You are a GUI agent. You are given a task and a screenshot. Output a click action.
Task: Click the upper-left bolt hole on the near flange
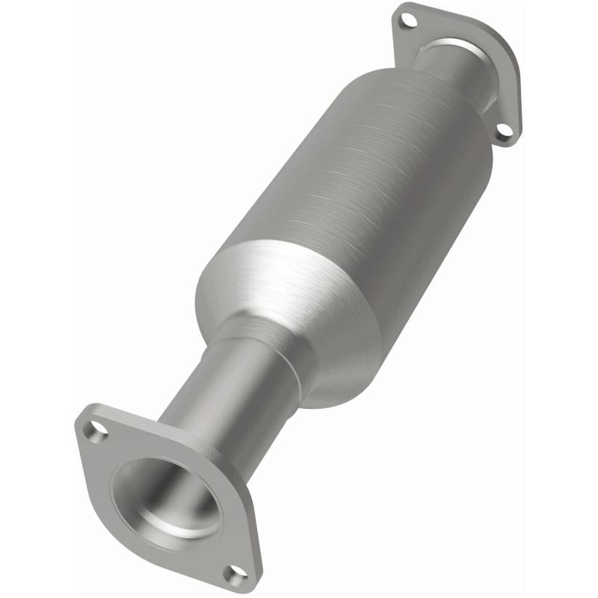click(x=96, y=431)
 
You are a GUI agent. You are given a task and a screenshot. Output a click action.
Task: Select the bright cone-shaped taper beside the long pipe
click(x=299, y=299)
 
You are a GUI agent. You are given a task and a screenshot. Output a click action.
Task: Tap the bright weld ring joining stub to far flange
click(x=478, y=82)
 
